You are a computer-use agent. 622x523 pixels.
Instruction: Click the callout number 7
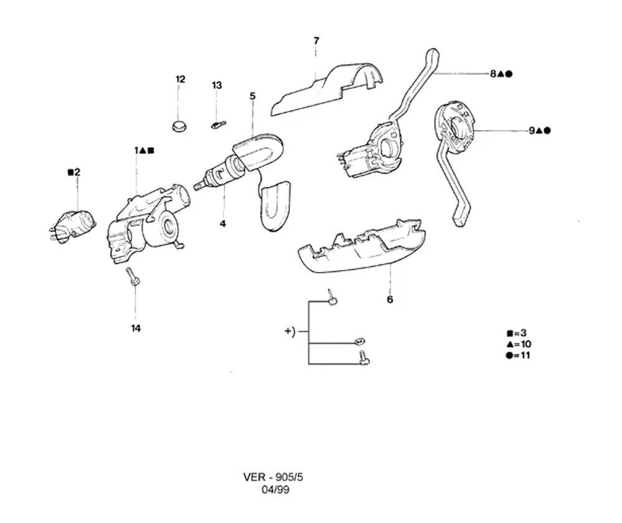(316, 41)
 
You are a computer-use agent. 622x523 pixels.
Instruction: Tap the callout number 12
(180, 79)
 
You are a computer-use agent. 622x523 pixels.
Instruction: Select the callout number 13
(216, 85)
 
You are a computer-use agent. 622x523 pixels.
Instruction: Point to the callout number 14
(136, 328)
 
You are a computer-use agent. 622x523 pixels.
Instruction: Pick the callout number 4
(223, 224)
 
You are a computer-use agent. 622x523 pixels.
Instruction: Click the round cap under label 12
(180, 126)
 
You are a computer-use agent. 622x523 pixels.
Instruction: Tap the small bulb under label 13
(218, 125)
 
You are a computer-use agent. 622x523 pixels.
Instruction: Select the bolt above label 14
(132, 276)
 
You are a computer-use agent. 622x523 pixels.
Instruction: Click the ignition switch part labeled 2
(73, 226)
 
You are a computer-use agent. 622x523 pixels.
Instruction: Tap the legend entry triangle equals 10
(519, 344)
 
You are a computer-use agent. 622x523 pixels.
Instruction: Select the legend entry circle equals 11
(518, 355)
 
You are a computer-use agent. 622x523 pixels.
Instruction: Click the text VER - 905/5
(273, 477)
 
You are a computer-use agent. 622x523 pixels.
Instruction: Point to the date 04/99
(276, 489)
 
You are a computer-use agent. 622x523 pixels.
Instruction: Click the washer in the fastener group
(360, 341)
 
